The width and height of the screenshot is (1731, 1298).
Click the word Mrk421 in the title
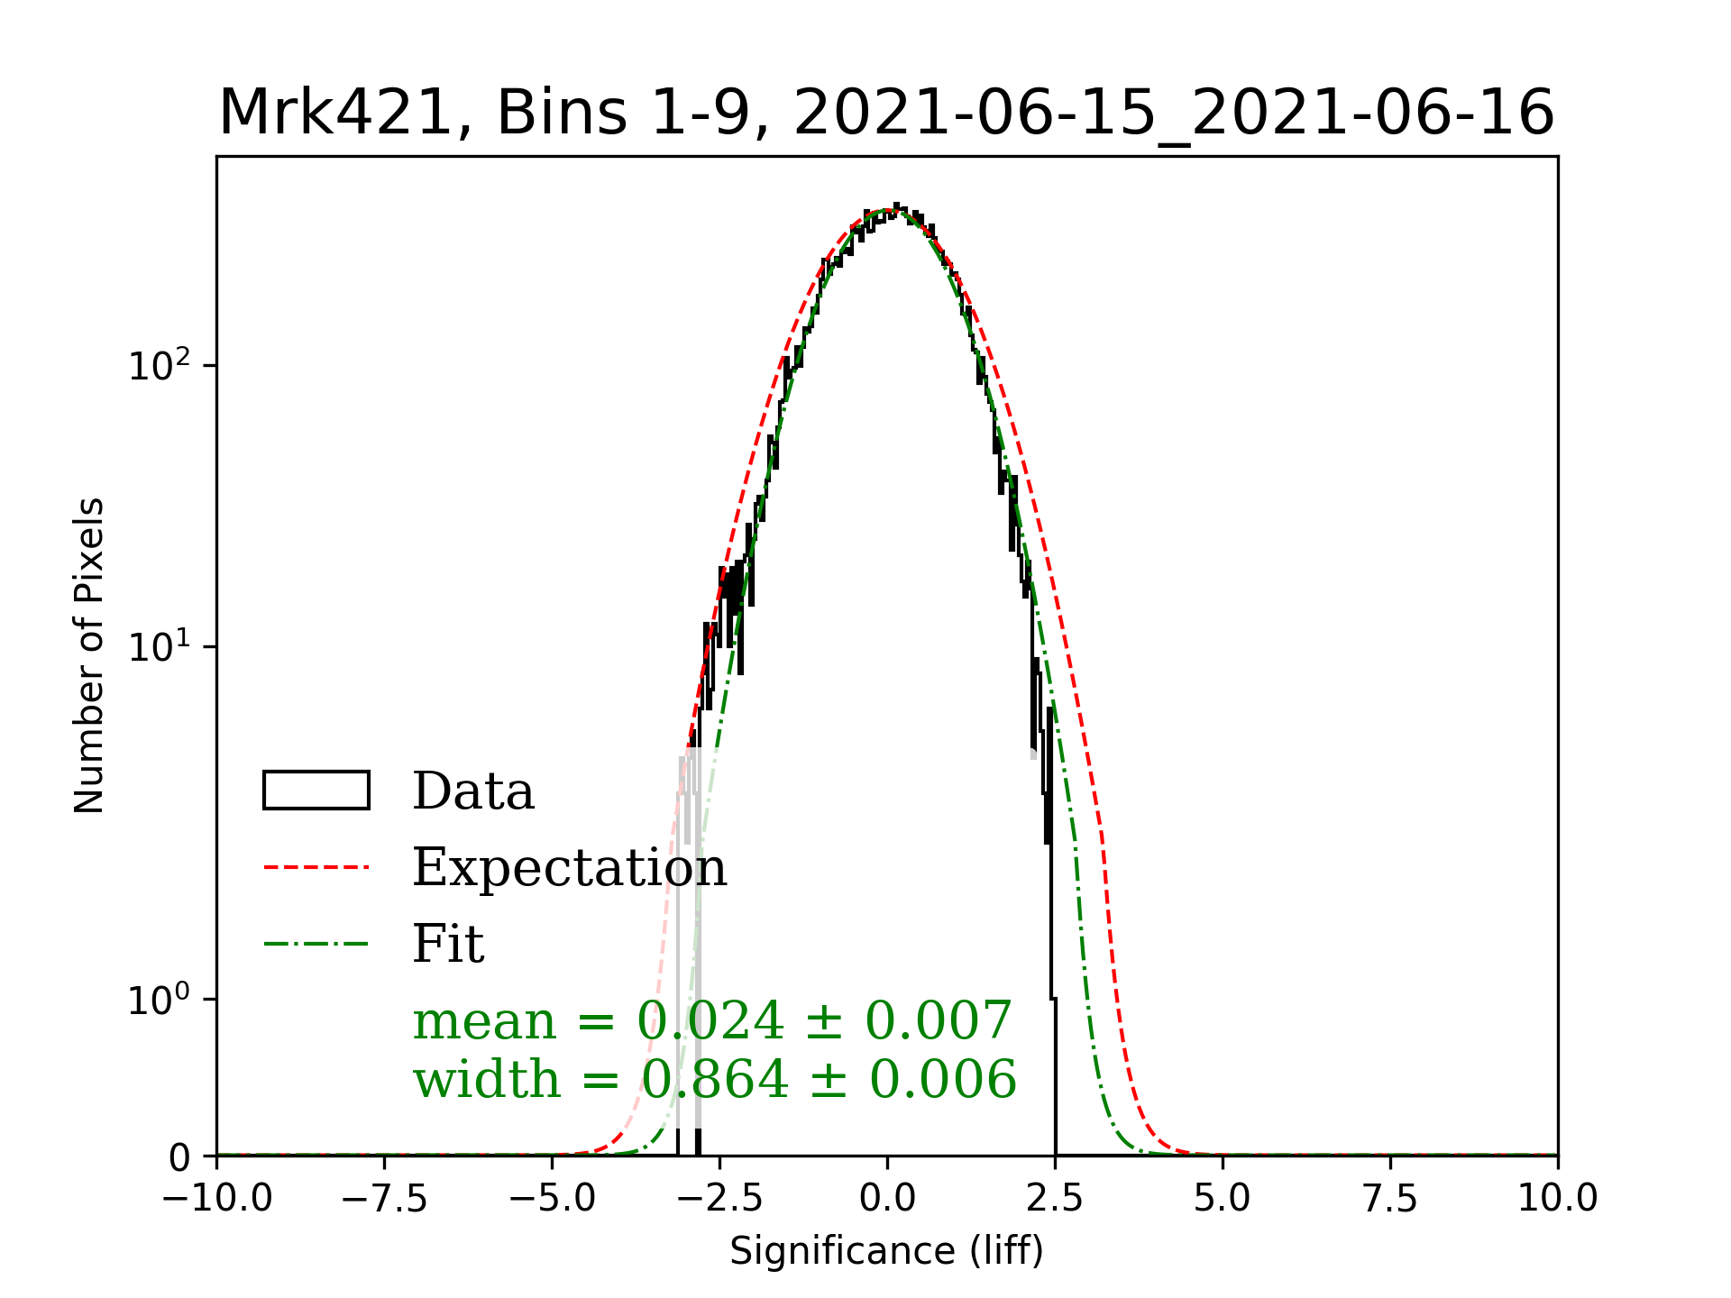(x=334, y=114)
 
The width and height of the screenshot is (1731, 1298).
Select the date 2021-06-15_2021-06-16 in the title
(x=1174, y=114)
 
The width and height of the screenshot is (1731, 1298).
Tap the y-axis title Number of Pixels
(x=89, y=655)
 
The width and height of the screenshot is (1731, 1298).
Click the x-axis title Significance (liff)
(x=886, y=1251)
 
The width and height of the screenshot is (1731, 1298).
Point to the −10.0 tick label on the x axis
(x=216, y=1199)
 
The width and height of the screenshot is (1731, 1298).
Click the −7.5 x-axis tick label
(x=384, y=1199)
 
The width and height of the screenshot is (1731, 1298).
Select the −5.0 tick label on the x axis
(x=552, y=1199)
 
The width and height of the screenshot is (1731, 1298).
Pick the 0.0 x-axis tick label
(x=887, y=1199)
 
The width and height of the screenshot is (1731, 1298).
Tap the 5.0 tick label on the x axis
(x=1223, y=1199)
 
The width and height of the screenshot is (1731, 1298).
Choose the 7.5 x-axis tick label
(x=1390, y=1199)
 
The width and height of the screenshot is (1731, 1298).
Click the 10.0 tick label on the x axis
(x=1558, y=1199)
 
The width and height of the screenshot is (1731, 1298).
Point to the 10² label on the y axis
(x=160, y=365)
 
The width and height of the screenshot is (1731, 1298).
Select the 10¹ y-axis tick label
(x=160, y=646)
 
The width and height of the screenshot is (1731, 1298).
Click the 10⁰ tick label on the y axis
(x=160, y=999)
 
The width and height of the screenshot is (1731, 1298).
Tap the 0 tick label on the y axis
(x=179, y=1157)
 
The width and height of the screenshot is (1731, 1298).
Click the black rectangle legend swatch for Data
(x=316, y=791)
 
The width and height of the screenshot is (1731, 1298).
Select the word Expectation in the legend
(x=569, y=867)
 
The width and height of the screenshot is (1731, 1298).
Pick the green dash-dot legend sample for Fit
(x=316, y=944)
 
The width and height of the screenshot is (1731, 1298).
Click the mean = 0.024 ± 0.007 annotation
(x=712, y=1020)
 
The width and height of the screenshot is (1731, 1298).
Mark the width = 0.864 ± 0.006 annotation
(x=714, y=1079)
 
